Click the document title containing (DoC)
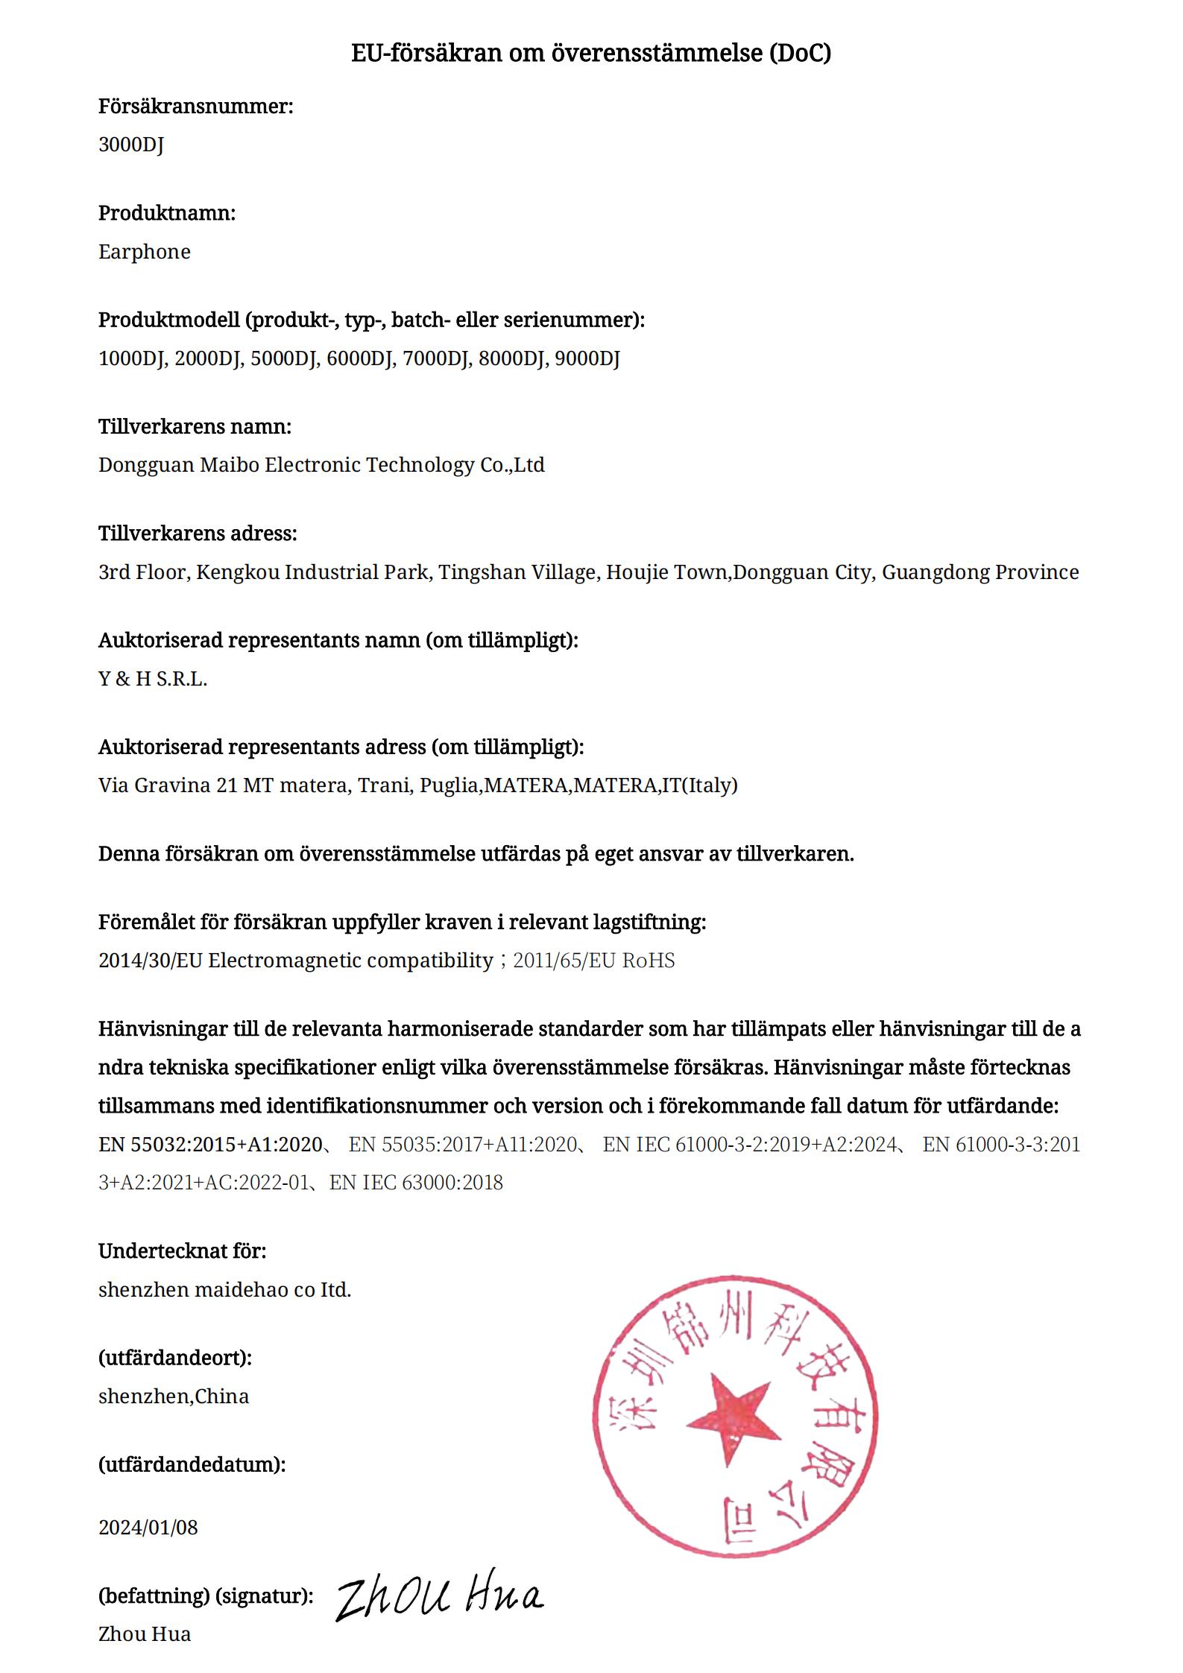[590, 53]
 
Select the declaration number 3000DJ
[131, 145]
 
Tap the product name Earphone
[145, 252]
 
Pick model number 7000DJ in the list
[436, 358]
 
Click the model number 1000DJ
[132, 358]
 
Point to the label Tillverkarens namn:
[195, 426]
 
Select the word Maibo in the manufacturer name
[230, 465]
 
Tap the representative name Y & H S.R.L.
[153, 679]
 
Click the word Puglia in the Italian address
[449, 785]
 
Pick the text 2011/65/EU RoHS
[593, 961]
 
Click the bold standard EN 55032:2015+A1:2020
[210, 1144]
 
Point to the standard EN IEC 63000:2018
[416, 1182]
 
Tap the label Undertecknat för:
[182, 1250]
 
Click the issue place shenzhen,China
[174, 1396]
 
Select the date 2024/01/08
[148, 1527]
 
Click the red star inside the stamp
[731, 1415]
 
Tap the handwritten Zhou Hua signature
[440, 1595]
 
